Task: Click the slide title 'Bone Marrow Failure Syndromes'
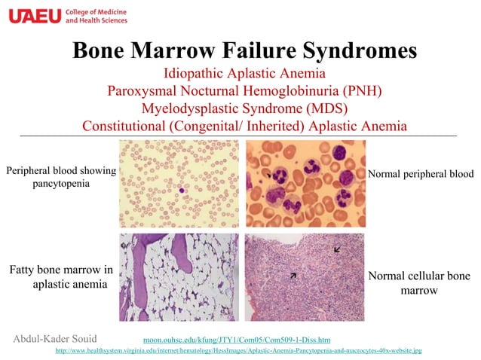(244, 50)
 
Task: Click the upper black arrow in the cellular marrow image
(336, 248)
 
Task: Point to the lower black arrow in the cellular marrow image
(293, 276)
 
